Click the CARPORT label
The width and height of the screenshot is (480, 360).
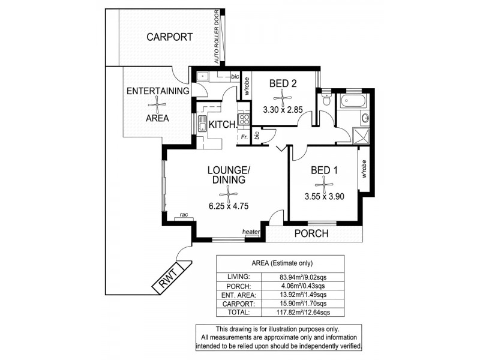pyautogui.click(x=170, y=37)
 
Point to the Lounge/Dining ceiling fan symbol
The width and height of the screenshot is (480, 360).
pyautogui.click(x=228, y=193)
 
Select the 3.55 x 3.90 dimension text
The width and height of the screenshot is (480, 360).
pyautogui.click(x=324, y=196)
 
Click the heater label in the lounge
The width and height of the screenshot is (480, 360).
pyautogui.click(x=250, y=232)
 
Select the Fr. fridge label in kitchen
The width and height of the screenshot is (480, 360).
pyautogui.click(x=244, y=137)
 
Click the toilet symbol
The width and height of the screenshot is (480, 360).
pyautogui.click(x=326, y=101)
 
